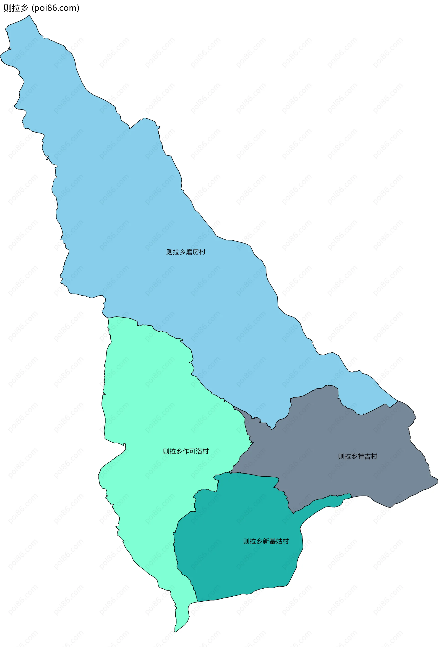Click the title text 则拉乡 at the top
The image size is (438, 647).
point(16,8)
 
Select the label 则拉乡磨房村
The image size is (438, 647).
point(186,252)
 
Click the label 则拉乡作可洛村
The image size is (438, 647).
point(186,451)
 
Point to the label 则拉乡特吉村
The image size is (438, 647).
point(357,456)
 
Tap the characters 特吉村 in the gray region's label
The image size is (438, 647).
point(368,456)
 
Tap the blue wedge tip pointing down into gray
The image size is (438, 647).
point(271,429)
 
